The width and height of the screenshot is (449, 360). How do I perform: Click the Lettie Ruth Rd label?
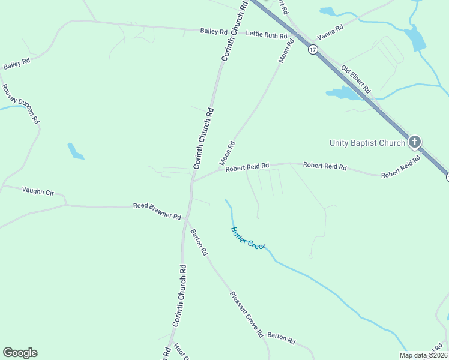(x=267, y=36)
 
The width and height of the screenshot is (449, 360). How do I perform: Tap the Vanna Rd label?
(x=330, y=32)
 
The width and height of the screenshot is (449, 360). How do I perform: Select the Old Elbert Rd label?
(x=356, y=80)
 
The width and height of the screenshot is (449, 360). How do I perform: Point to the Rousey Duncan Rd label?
(x=20, y=103)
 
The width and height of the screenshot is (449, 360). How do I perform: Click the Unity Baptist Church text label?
(x=367, y=143)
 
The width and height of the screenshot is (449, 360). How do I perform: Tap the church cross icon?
(x=414, y=142)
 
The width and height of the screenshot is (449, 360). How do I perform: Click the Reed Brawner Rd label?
(x=157, y=211)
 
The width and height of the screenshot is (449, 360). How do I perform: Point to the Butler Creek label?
(x=248, y=238)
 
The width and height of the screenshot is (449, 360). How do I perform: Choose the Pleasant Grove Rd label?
(x=247, y=314)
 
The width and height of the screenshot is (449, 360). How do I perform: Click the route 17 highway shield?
(x=313, y=50)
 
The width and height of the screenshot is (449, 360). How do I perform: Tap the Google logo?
(x=20, y=353)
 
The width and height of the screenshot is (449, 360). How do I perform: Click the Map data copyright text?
(x=423, y=355)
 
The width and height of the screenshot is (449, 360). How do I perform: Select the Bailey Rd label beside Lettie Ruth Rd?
(x=214, y=31)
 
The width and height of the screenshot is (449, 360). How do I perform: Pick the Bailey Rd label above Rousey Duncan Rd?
(x=17, y=63)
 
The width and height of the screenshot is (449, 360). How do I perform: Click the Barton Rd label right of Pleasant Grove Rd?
(x=281, y=338)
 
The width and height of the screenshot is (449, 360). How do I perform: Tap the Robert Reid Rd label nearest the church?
(x=400, y=169)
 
